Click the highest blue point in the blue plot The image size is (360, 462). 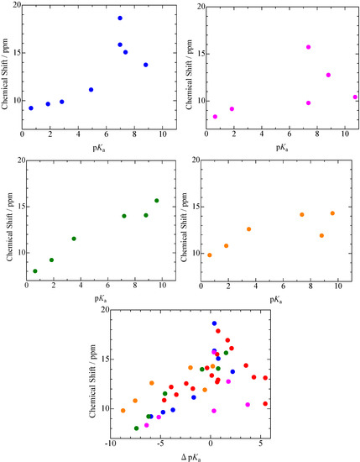[120, 18]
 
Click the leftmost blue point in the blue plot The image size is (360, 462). [31, 108]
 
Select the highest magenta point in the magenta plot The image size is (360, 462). [309, 47]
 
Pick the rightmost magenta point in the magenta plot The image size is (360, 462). [355, 97]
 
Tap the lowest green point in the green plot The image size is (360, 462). [35, 271]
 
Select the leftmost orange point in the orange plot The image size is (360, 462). [209, 255]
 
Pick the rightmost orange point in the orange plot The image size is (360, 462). [332, 213]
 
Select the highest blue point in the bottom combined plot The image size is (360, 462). [214, 323]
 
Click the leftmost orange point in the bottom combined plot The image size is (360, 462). [123, 411]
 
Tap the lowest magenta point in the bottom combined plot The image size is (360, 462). [214, 411]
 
